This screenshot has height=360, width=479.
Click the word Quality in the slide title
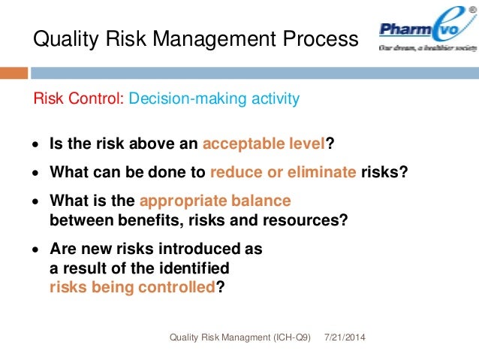pos(62,39)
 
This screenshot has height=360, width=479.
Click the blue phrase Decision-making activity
pos(214,99)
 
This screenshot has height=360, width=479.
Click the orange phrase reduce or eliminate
pos(283,172)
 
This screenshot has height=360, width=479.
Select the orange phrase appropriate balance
pos(215,201)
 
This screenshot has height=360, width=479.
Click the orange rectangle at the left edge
pos(14,73)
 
